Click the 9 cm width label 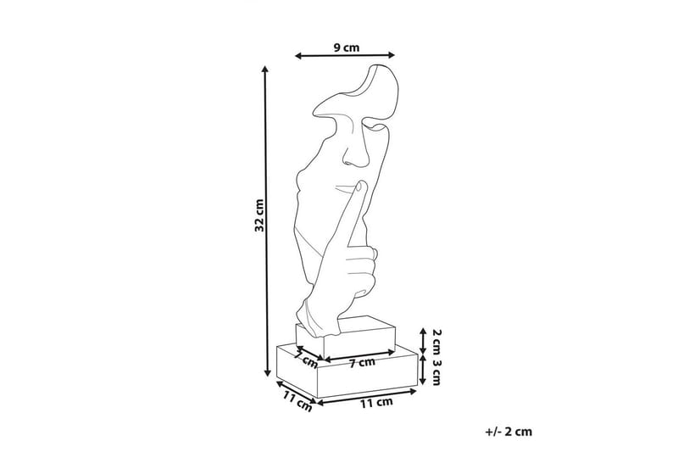point(347,47)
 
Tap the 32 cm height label point(259,215)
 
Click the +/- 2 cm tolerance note point(508,432)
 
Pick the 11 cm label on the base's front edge point(376,403)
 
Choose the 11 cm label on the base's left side point(297,401)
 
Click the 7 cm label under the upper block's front point(363,362)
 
